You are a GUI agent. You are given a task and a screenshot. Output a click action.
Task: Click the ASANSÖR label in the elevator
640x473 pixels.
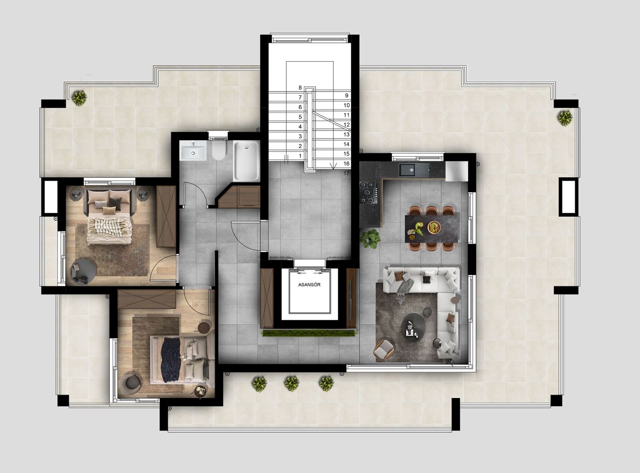coord(309,285)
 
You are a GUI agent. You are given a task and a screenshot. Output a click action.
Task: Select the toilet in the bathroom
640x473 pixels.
coord(218,150)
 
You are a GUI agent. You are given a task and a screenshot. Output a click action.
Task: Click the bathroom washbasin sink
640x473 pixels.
coord(193,152)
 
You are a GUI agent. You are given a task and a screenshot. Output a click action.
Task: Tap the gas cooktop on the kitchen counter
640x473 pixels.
coord(369,192)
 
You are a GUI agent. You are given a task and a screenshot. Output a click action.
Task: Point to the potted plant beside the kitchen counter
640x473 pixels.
coord(370,239)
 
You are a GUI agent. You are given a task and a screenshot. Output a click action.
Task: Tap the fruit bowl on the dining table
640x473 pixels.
coord(433,227)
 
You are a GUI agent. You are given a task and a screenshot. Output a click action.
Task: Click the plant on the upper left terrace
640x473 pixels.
coord(79,98)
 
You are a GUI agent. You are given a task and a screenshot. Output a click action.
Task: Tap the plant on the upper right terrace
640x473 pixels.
coord(565,118)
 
